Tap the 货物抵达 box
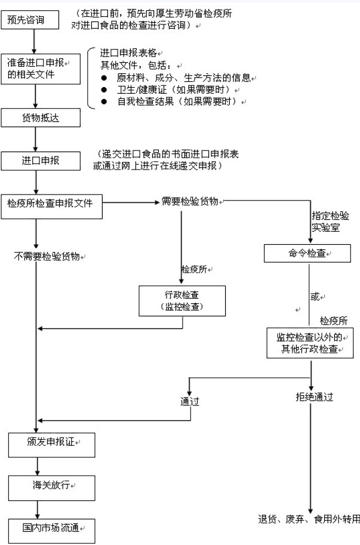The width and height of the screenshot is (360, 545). click(x=39, y=118)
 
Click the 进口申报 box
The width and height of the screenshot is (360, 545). click(x=39, y=161)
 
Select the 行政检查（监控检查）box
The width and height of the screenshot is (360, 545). click(x=182, y=300)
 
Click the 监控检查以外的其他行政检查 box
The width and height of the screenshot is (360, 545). click(x=310, y=343)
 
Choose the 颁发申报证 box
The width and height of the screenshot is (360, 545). click(x=51, y=443)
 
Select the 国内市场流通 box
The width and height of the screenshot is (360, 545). click(x=51, y=529)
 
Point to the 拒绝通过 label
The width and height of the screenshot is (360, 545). click(x=314, y=397)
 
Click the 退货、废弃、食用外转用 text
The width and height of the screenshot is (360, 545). click(x=309, y=518)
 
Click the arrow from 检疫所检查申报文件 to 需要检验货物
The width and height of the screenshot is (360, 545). click(x=131, y=202)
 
